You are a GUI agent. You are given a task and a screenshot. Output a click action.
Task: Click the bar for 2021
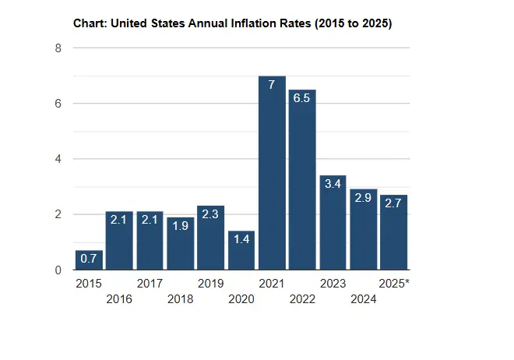[272, 173]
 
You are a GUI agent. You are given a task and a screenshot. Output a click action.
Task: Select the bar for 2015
[89, 260]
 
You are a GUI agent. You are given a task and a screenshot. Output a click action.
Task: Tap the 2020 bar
[241, 250]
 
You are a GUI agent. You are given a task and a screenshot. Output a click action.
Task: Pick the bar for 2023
[333, 223]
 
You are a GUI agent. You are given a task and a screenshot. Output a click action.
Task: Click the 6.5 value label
[302, 98]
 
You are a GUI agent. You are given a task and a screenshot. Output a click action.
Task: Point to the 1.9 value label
[180, 226]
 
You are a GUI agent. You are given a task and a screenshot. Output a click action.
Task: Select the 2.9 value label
[363, 198]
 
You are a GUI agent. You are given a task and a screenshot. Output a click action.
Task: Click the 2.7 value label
[393, 203]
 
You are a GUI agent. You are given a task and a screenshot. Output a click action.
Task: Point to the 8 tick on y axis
[57, 48]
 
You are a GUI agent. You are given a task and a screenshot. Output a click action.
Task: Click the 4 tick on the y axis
[57, 159]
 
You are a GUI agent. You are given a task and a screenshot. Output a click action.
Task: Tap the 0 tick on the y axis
[57, 270]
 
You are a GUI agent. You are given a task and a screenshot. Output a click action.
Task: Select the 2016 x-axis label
[119, 298]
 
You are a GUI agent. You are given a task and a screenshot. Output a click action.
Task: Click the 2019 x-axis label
[210, 284]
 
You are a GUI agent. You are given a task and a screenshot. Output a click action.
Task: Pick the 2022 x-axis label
[302, 298]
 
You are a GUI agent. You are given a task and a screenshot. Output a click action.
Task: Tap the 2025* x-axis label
[394, 284]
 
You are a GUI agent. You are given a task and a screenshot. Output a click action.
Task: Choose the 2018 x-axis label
[180, 298]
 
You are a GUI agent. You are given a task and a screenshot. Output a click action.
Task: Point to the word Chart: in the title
[90, 23]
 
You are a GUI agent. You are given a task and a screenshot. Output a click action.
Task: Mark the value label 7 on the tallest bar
[272, 84]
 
